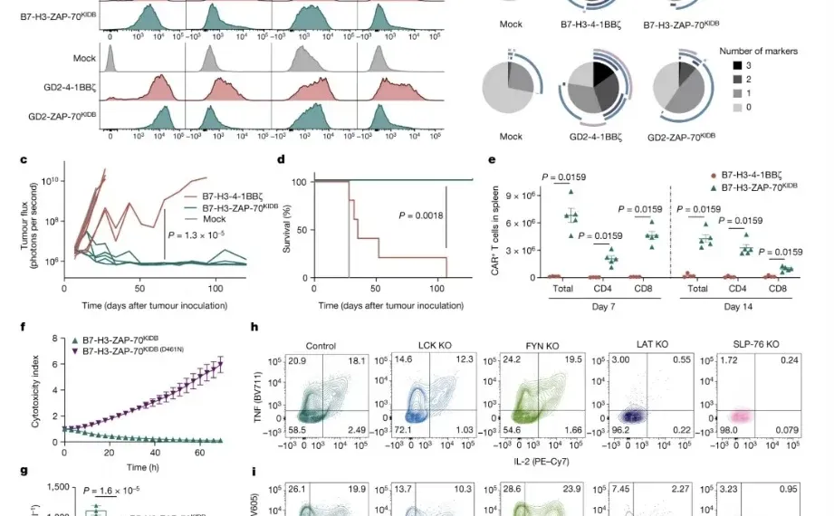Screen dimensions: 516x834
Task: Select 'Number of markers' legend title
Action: [x=759, y=52]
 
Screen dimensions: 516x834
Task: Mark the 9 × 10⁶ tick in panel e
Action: [x=527, y=196]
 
